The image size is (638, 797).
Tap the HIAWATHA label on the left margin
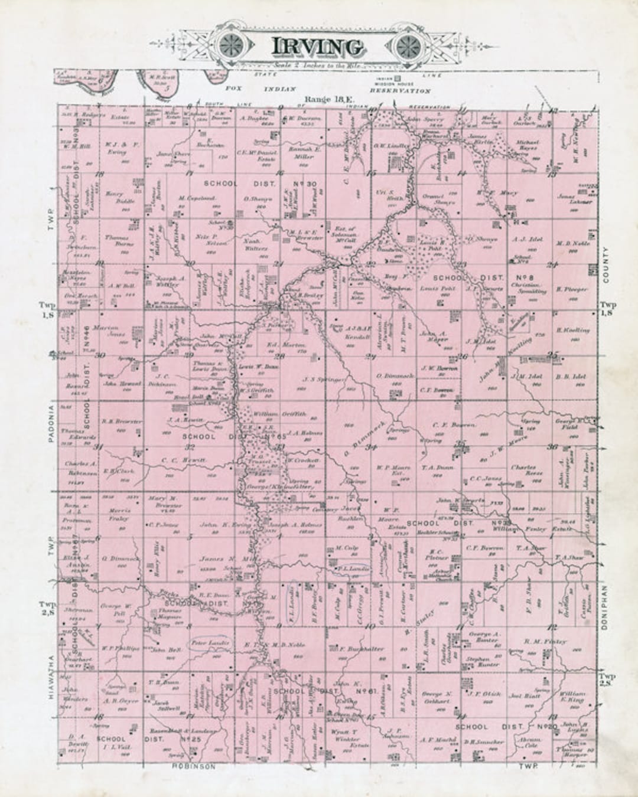point(52,678)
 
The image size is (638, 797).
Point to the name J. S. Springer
point(323,380)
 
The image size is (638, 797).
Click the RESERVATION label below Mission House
point(401,92)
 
